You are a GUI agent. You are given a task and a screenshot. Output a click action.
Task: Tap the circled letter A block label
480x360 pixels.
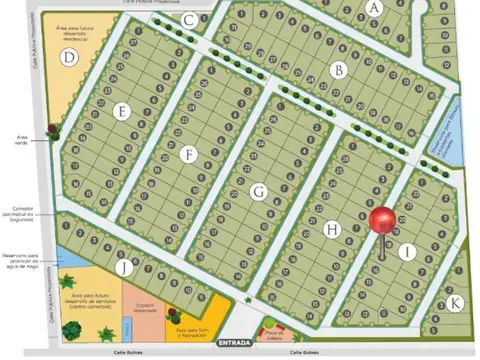(375, 7)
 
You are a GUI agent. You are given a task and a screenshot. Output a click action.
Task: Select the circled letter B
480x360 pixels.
(339, 70)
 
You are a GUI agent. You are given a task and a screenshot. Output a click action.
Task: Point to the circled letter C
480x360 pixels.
(189, 19)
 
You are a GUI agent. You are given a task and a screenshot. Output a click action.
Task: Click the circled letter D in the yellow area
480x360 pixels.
(68, 57)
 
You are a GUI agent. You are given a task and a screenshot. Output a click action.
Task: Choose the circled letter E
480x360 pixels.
(122, 112)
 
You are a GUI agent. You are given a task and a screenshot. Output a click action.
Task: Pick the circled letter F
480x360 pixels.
(189, 154)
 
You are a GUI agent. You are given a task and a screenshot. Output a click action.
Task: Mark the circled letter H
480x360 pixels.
(332, 229)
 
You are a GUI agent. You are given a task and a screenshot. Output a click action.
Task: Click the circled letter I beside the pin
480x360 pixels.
(407, 253)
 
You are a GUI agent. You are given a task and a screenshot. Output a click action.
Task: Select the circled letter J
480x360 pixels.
(122, 267)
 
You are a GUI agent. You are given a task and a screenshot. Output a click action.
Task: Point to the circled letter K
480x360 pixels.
(455, 302)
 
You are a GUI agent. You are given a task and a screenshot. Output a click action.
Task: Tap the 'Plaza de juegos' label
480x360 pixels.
(275, 335)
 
